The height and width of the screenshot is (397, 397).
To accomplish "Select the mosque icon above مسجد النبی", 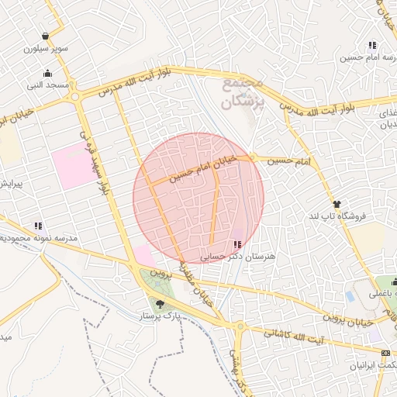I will coord(48,74).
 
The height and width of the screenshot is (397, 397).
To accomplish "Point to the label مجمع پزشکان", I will coord(243,91).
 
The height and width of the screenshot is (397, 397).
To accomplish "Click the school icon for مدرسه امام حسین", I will coord(373,45).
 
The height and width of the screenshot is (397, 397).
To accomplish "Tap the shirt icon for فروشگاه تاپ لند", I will coord(336,204).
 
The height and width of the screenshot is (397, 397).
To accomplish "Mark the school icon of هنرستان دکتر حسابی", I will coord(236,244).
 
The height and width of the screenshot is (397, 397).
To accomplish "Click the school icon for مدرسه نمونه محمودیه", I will coord(38,226).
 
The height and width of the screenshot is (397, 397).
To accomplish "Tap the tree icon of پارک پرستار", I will coord(160,304).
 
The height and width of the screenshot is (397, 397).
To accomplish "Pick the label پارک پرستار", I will coord(160,317).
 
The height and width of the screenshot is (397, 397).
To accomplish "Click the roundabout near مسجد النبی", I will coord(75,96).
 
